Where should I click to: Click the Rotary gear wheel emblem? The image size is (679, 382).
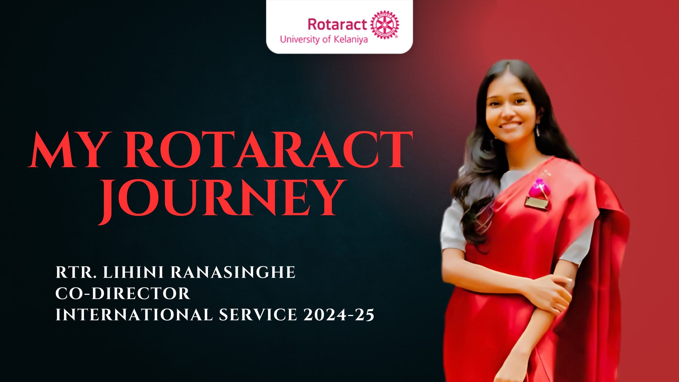[384, 25]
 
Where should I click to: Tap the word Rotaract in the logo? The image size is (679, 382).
[337, 25]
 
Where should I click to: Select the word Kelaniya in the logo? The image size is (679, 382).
[351, 40]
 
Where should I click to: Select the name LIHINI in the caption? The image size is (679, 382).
[133, 272]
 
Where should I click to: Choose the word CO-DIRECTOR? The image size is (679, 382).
[123, 293]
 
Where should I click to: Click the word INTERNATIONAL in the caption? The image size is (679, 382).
[134, 315]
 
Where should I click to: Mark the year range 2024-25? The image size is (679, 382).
[339, 315]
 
